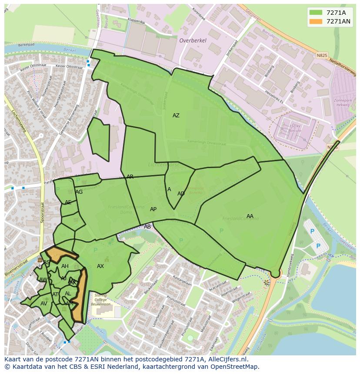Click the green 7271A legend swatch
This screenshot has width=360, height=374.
point(316,12)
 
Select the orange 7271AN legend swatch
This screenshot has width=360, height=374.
point(316,21)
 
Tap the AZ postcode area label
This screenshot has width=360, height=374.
point(176,116)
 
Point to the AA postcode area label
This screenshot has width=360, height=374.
point(250,216)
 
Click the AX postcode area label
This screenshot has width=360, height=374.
point(100,266)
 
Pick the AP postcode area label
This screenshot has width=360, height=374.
point(153,209)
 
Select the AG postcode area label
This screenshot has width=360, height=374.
point(79,192)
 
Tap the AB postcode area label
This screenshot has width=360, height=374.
point(147,227)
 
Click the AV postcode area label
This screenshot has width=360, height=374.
point(43,304)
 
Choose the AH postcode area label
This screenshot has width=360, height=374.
point(65,266)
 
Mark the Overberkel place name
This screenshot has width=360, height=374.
point(193,40)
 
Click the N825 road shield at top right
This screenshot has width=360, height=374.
point(321,56)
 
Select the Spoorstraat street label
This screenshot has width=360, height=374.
point(42,212)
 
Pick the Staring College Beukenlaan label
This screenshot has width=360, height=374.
point(101,300)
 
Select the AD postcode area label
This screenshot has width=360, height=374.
point(181,194)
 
